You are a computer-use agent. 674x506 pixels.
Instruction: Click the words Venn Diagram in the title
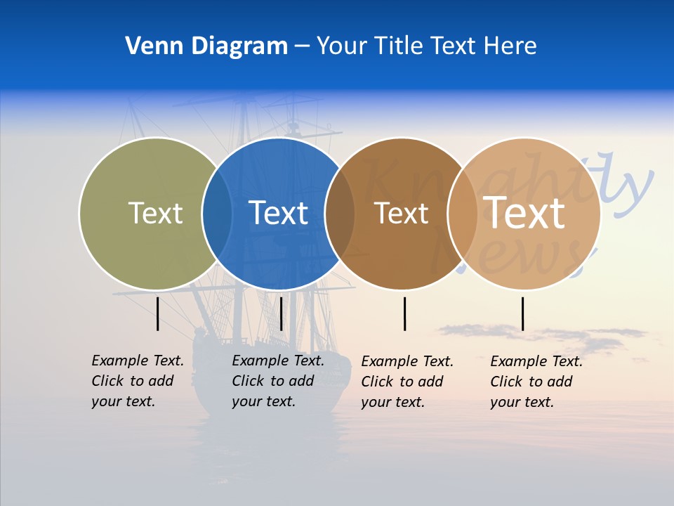click(206, 46)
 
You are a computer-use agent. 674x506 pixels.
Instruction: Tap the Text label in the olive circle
click(155, 213)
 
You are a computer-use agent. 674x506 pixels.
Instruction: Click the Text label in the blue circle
click(279, 213)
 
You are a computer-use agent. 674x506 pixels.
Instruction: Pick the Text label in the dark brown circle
click(401, 213)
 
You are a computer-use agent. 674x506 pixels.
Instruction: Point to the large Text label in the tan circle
click(524, 213)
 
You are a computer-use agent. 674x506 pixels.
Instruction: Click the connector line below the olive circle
click(157, 313)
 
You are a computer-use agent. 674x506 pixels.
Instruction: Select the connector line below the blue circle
click(281, 313)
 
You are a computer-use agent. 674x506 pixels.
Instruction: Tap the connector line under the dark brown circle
click(404, 313)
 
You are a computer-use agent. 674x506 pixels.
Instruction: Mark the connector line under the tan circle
click(522, 313)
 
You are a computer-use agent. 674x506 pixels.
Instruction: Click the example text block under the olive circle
click(137, 381)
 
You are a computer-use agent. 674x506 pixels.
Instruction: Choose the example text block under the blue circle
click(277, 381)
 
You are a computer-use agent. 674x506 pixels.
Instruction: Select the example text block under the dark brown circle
click(407, 382)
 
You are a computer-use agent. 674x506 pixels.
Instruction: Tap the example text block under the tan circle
click(536, 382)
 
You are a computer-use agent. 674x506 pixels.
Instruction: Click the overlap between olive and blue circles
click(217, 213)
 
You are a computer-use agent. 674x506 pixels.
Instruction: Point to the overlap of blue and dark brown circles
click(340, 213)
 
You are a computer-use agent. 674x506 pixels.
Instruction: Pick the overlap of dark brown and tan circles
click(462, 213)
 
